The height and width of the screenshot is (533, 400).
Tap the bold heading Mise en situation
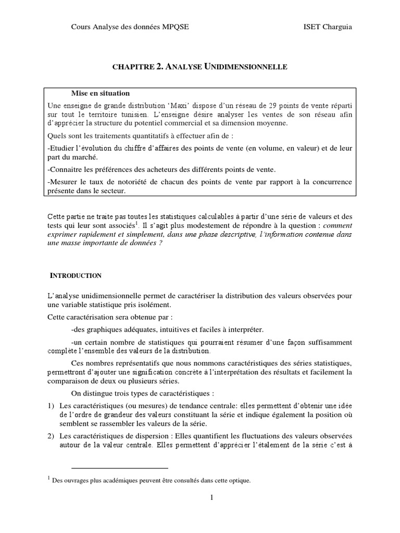pyautogui.click(x=101, y=93)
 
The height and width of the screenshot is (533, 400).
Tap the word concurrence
pyautogui.click(x=332, y=182)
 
